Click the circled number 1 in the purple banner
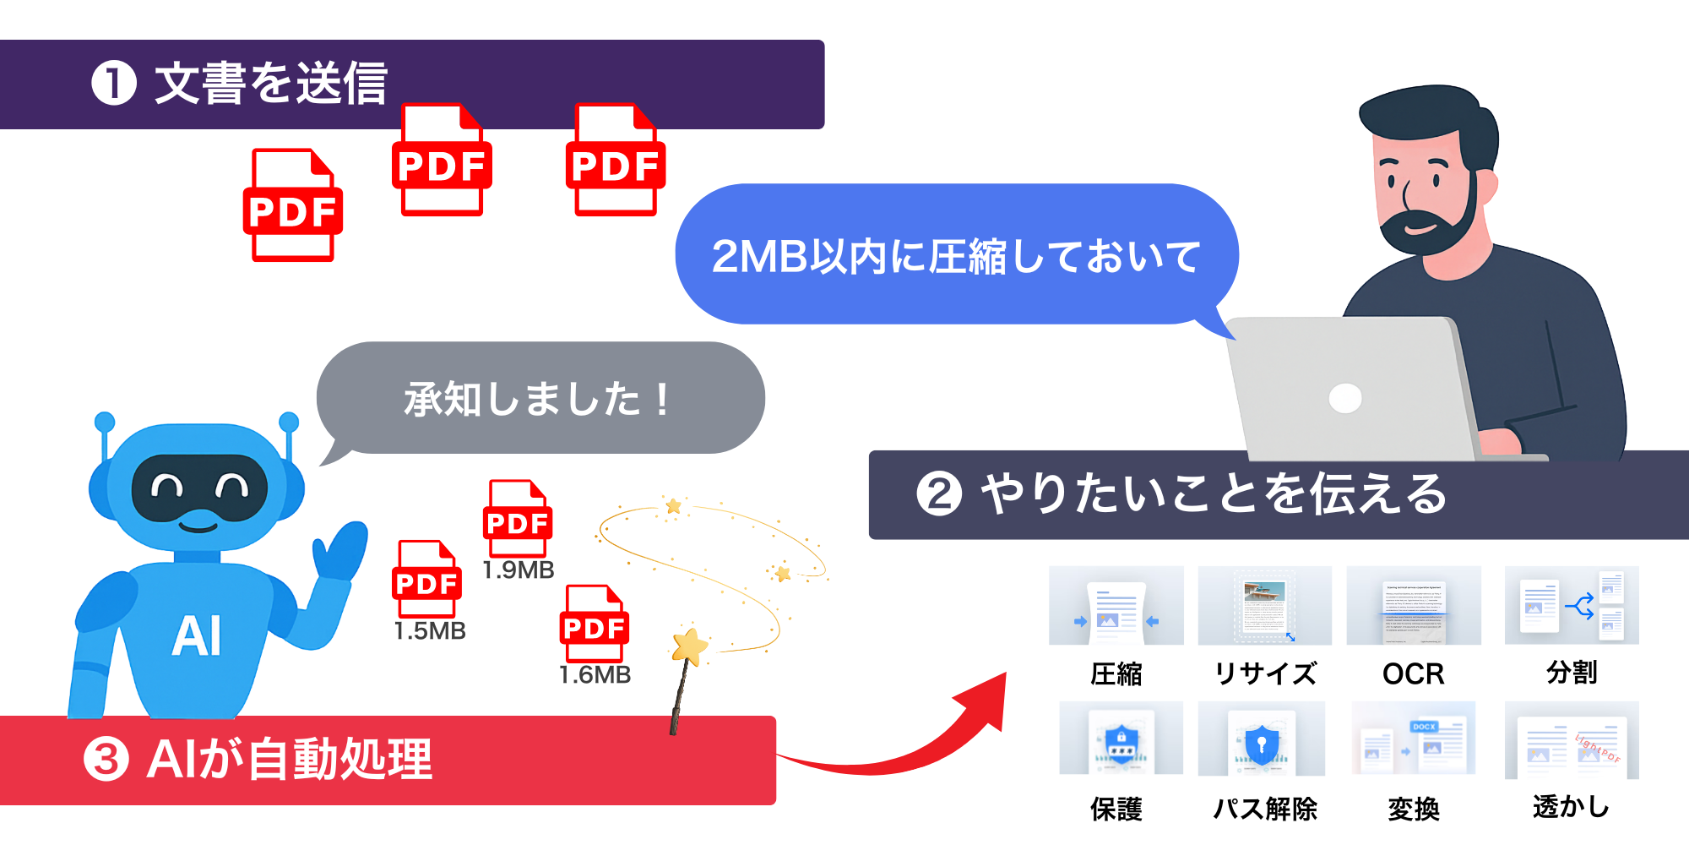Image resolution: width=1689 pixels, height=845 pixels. [x=114, y=84]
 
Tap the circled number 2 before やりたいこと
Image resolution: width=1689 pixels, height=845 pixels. [x=939, y=494]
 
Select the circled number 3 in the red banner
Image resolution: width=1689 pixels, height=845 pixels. [x=106, y=759]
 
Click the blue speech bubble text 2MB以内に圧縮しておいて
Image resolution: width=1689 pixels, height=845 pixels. [x=955, y=256]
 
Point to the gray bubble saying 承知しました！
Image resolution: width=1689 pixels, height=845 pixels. [x=539, y=399]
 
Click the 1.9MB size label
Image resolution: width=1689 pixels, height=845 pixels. [x=519, y=570]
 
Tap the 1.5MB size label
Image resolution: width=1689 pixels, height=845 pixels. [x=430, y=631]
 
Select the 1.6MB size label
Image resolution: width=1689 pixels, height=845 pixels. [x=595, y=675]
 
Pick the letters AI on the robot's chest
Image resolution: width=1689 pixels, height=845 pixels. [x=197, y=636]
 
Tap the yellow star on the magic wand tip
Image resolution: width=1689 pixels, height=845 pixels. [x=690, y=647]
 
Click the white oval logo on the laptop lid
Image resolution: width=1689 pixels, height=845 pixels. [x=1344, y=398]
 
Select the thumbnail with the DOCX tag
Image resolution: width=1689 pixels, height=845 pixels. [x=1414, y=738]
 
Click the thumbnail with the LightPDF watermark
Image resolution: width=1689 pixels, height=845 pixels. [x=1572, y=739]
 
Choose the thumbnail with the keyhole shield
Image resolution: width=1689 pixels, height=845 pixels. [x=1261, y=739]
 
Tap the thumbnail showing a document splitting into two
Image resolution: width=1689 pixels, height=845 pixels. [x=1572, y=605]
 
